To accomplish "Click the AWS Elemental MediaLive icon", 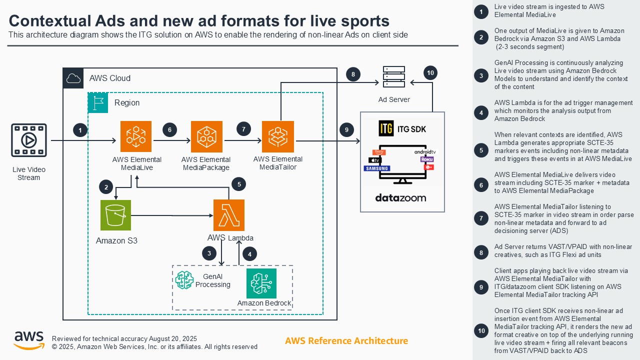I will click(x=135, y=136).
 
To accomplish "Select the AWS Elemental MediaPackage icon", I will click(x=206, y=136).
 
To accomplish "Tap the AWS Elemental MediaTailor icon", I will click(x=278, y=136).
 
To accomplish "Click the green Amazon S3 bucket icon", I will click(x=115, y=215).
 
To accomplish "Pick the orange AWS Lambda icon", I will click(x=229, y=215).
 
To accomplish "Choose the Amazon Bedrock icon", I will click(x=261, y=283).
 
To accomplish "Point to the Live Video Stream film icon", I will click(x=29, y=140).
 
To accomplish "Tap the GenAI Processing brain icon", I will click(x=184, y=280).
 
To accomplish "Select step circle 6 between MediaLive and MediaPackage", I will click(x=170, y=130).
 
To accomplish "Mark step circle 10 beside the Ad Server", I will click(x=430, y=73).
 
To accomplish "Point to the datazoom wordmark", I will click(x=401, y=198).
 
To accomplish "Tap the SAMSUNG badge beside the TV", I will click(x=377, y=168).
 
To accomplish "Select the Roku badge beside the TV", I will click(x=426, y=159).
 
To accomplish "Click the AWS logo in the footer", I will click(x=29, y=340).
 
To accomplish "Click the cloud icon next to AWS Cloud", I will click(x=73, y=78).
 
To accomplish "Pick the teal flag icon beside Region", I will click(x=98, y=102).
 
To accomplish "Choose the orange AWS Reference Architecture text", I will click(x=346, y=341).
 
